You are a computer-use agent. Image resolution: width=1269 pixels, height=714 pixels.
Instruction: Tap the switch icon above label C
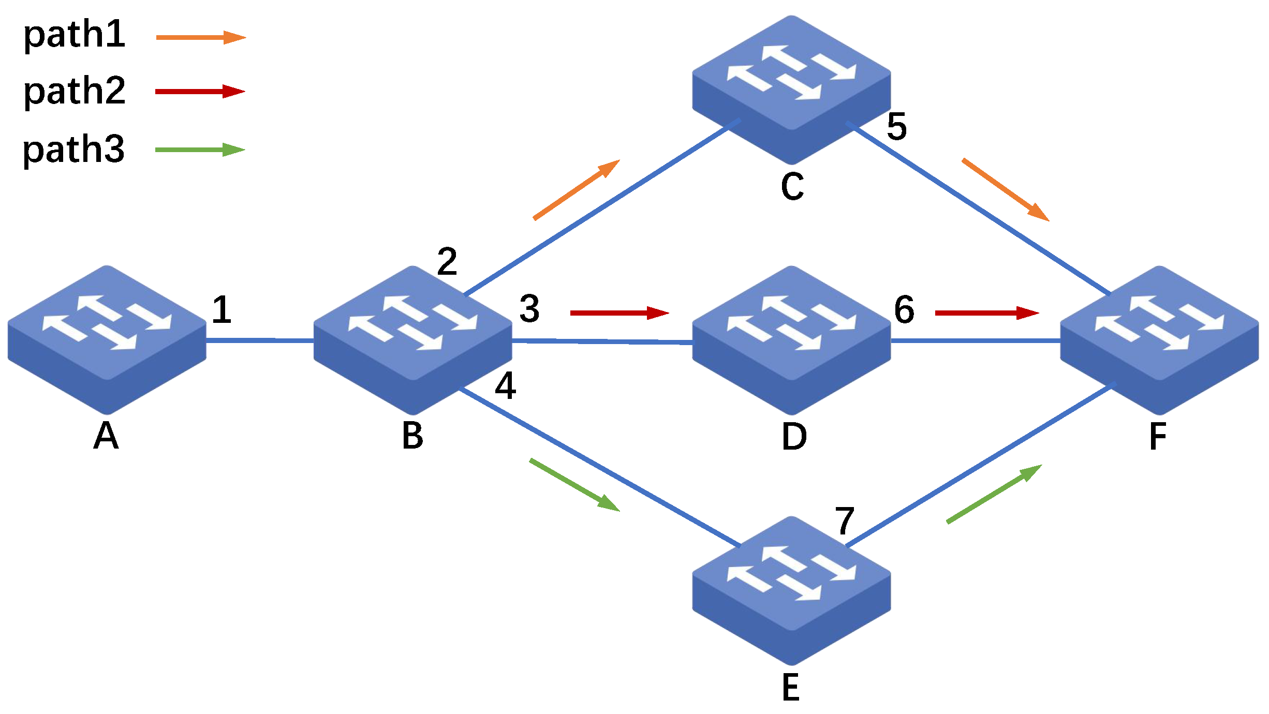tap(791, 89)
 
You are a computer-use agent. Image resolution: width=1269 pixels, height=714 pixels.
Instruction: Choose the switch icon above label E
tap(791, 590)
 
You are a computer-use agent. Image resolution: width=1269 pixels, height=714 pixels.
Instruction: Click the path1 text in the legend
tap(75, 35)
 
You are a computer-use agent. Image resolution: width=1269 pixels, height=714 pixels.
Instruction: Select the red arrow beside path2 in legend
tap(200, 92)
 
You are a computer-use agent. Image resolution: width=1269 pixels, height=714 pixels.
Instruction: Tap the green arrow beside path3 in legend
tap(200, 150)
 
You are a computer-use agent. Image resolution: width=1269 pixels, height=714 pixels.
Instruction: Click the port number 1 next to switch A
tap(222, 309)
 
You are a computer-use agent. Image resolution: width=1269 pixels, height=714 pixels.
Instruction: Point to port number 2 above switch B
tap(447, 261)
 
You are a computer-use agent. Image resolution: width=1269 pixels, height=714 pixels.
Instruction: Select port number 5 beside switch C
tap(897, 126)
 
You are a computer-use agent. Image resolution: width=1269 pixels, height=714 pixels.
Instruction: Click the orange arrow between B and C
tap(577, 189)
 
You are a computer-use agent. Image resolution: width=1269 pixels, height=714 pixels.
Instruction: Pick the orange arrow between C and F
tap(1005, 190)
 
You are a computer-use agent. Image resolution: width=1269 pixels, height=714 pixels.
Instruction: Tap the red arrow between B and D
tap(619, 313)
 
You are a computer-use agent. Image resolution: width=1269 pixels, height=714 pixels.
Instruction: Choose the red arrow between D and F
tap(987, 313)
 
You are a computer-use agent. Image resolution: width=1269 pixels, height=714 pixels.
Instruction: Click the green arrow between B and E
tap(574, 485)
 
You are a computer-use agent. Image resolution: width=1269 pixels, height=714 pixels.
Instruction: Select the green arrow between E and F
tap(994, 494)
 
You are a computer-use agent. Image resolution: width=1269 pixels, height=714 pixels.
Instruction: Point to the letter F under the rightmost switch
tap(1158, 436)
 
